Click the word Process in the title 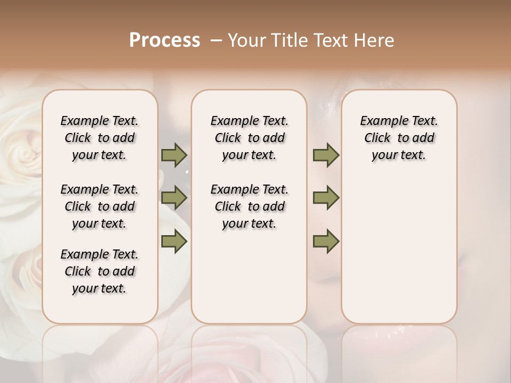(x=164, y=40)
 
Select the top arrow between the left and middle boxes (x=174, y=155)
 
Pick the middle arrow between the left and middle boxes (x=174, y=198)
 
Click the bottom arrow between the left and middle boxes (x=174, y=241)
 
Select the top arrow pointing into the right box (x=326, y=155)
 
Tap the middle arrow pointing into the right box (x=326, y=198)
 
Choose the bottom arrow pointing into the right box (x=326, y=241)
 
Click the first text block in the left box (x=100, y=138)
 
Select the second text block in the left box (x=100, y=206)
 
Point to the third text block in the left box (x=100, y=271)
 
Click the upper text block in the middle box (x=249, y=138)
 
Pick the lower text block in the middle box (x=249, y=206)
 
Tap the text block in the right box (x=399, y=138)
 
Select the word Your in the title (x=246, y=40)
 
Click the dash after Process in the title (x=216, y=40)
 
